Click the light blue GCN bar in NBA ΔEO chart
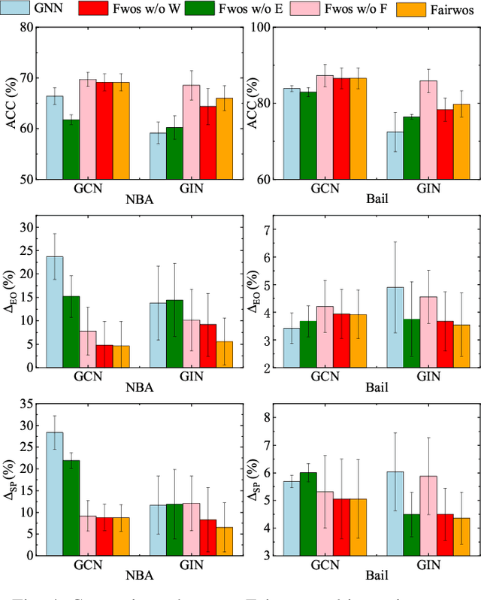[54, 311]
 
